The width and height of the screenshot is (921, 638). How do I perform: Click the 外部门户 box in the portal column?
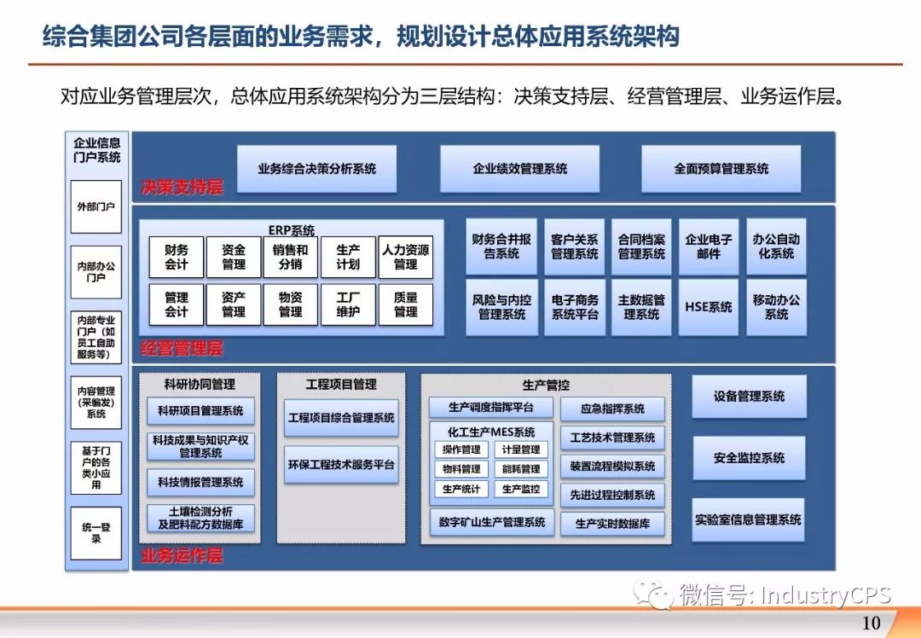click(x=96, y=206)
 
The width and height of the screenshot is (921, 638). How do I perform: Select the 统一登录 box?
click(x=96, y=533)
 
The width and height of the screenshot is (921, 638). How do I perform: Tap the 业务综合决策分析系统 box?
click(x=316, y=169)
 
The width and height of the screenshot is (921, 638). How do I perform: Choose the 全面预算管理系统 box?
click(x=721, y=169)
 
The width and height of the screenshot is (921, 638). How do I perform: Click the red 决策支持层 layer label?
click(x=182, y=188)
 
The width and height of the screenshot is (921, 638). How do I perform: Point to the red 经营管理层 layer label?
click(x=182, y=348)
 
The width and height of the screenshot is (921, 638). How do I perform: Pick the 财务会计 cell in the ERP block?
click(x=177, y=257)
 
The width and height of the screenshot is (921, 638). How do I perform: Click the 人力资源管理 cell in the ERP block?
click(x=405, y=257)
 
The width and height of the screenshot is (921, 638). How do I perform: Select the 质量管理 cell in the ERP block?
click(x=405, y=304)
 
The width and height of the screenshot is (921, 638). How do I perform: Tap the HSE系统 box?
click(x=709, y=307)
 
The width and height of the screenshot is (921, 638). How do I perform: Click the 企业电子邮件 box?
click(x=709, y=246)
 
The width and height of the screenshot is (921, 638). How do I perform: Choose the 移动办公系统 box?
click(x=776, y=307)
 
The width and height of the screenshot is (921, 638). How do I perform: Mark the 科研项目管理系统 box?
click(x=200, y=410)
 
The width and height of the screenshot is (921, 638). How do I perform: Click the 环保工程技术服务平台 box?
click(x=340, y=465)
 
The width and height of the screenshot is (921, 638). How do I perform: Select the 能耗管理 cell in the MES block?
click(x=521, y=469)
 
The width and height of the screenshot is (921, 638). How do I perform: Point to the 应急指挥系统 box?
click(x=612, y=409)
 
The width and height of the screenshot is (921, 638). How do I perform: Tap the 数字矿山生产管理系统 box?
click(x=492, y=522)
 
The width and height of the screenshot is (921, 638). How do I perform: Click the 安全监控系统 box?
click(x=749, y=458)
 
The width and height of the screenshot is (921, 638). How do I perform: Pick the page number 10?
click(x=871, y=623)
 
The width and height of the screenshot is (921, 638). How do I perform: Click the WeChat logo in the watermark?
click(x=653, y=595)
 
